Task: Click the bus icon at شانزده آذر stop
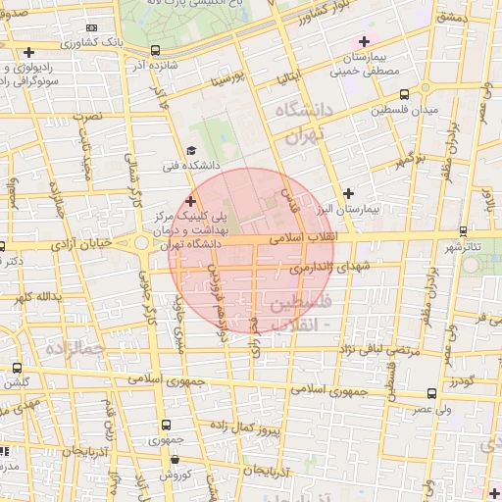(156, 51)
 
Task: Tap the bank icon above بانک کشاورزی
(92, 30)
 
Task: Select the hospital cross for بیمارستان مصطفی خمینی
(365, 41)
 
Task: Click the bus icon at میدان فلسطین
(404, 95)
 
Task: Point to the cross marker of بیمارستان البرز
(348, 193)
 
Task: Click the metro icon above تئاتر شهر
(463, 231)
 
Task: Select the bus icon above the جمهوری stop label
(165, 426)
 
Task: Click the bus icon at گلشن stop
(17, 368)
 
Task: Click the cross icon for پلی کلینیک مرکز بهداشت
(190, 200)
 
